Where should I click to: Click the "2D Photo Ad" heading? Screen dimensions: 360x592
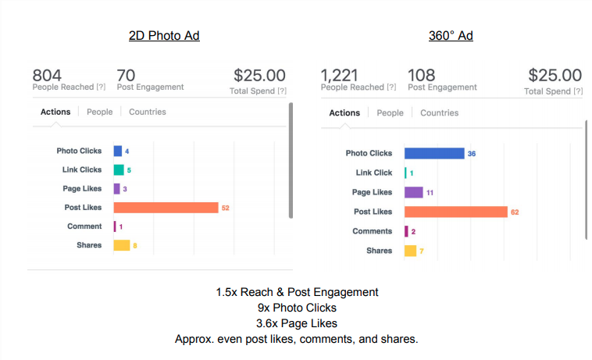click(164, 36)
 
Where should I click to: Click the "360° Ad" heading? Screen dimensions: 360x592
click(451, 36)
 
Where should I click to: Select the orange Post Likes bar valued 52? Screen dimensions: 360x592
click(166, 208)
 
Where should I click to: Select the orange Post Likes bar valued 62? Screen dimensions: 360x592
click(455, 212)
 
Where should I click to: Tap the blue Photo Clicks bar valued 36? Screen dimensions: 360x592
click(434, 154)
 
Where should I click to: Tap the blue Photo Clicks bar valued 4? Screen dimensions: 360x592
click(118, 151)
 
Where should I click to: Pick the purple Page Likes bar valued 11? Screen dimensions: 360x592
click(413, 192)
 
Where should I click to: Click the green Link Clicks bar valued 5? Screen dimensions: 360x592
click(119, 169)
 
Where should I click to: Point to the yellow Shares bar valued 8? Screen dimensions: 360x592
click(121, 245)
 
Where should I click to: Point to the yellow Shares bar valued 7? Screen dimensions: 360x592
click(410, 251)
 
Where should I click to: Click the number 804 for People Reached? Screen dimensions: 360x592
click(47, 75)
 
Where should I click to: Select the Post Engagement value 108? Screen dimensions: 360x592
click(422, 76)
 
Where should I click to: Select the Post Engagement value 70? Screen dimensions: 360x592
click(126, 75)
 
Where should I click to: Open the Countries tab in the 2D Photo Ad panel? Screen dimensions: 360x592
click(148, 112)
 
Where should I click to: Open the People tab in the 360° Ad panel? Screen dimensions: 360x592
click(390, 113)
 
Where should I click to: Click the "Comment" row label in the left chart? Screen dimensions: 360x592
click(84, 226)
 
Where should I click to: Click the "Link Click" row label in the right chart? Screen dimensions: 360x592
click(373, 173)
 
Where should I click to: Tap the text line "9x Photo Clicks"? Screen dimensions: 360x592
click(297, 308)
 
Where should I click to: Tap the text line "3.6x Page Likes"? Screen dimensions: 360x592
click(297, 323)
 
